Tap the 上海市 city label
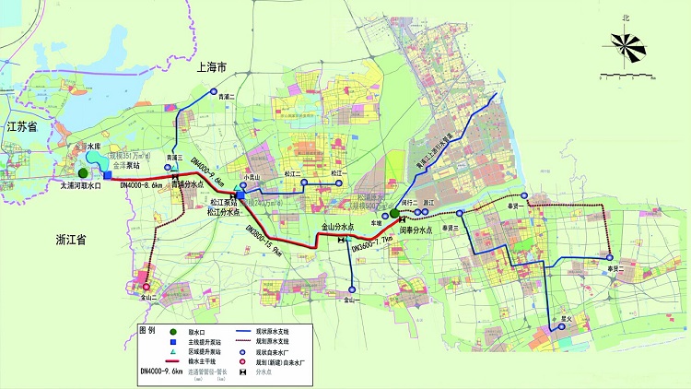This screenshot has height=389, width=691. pos(217,68)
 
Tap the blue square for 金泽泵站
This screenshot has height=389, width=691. pos(108,174)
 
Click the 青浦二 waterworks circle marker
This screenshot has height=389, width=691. pos(213,91)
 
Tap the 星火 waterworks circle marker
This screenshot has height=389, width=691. pos(555,324)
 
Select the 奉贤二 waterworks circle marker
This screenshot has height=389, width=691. pos(609,257)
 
